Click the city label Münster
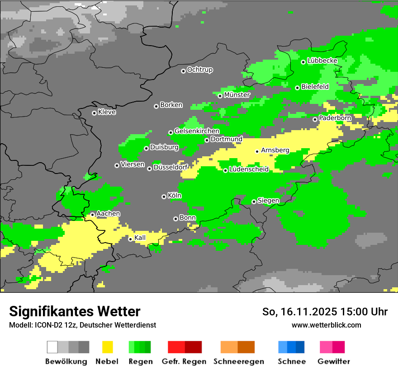click(x=237, y=95)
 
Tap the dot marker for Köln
click(x=164, y=197)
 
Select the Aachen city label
click(x=108, y=214)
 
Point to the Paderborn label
click(x=335, y=118)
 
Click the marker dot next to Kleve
click(x=94, y=113)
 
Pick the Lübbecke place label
click(x=322, y=61)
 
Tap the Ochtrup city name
click(x=200, y=70)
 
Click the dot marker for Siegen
click(x=254, y=202)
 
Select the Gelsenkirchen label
click(x=197, y=131)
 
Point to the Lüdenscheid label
click(x=249, y=169)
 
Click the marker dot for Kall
click(x=130, y=239)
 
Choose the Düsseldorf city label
click(x=171, y=167)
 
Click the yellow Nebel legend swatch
click(x=107, y=347)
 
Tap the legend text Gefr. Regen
click(x=184, y=361)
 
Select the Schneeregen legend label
click(x=239, y=361)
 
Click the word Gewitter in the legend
click(x=334, y=361)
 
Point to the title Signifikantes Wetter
click(x=75, y=311)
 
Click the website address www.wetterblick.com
click(x=327, y=325)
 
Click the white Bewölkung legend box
click(x=52, y=347)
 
